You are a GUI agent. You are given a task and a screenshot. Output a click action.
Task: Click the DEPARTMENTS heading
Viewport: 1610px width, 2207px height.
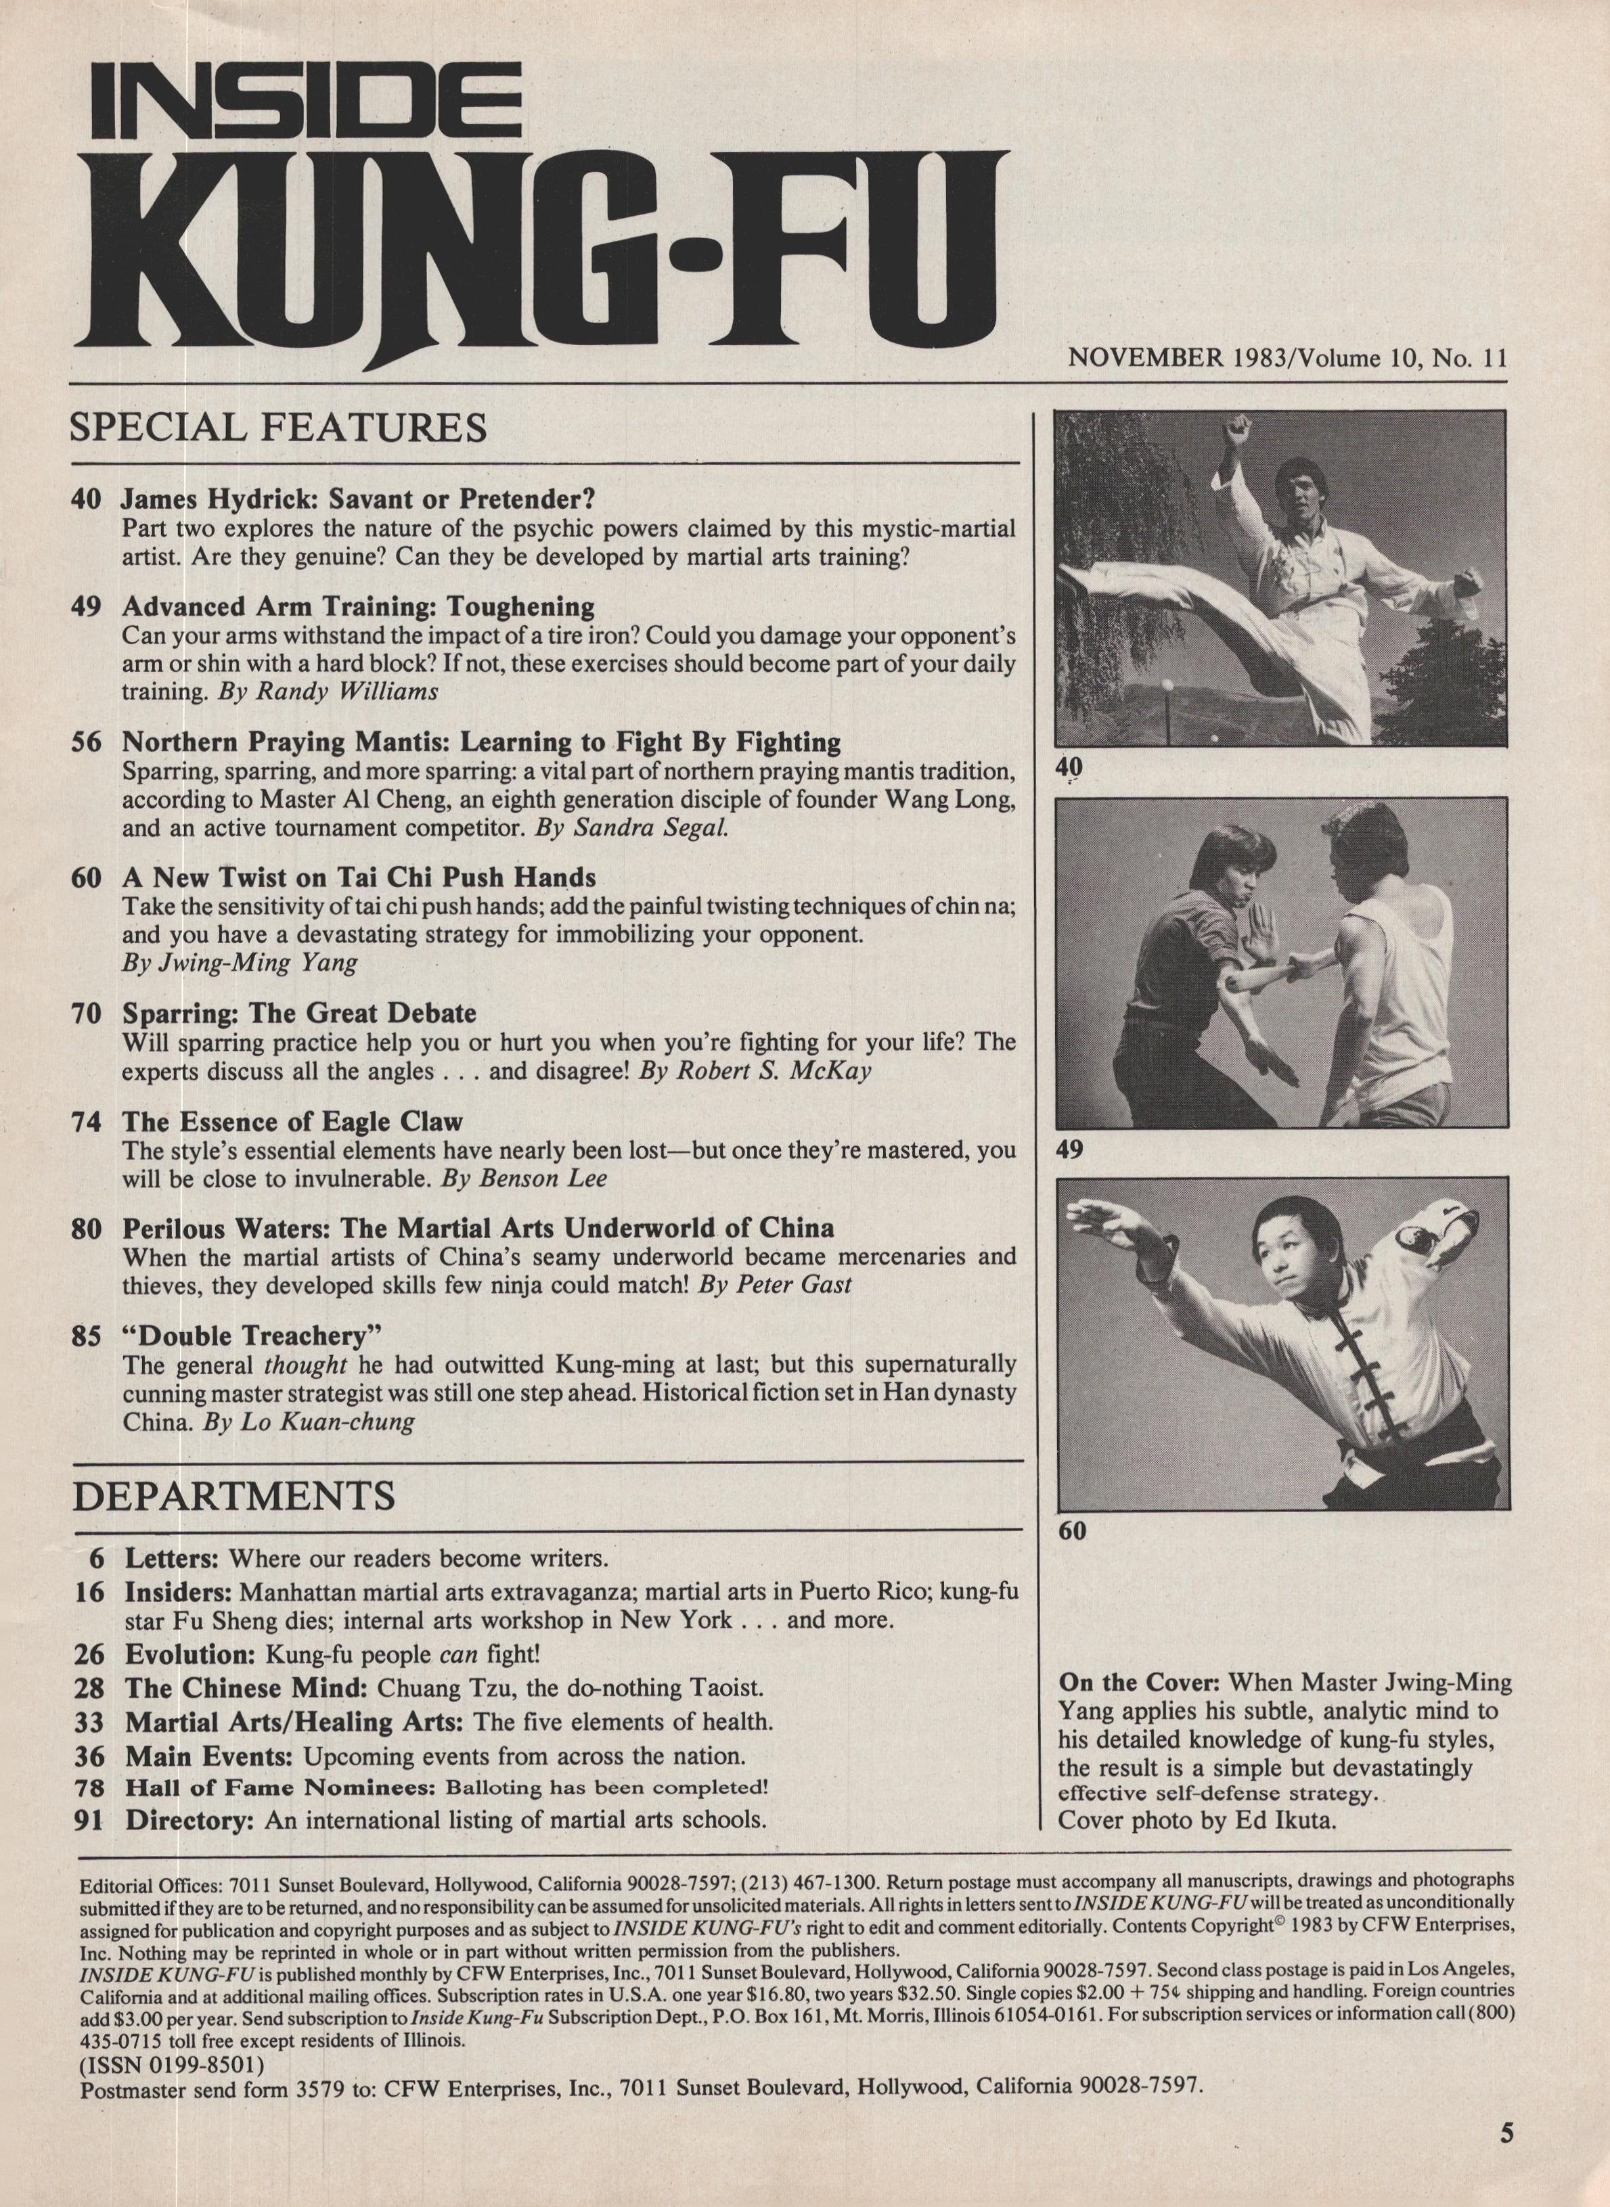[x=234, y=1496]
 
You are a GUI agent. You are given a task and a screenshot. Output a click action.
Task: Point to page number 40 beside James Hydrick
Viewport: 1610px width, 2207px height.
[x=86, y=500]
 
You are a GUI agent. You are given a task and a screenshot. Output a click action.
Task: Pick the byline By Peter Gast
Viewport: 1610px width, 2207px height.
[x=775, y=1284]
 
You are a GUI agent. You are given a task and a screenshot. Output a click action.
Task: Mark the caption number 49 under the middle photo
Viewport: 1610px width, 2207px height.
[x=1069, y=1151]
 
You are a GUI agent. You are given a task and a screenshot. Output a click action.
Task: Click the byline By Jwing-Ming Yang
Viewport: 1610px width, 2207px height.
[x=240, y=963]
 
